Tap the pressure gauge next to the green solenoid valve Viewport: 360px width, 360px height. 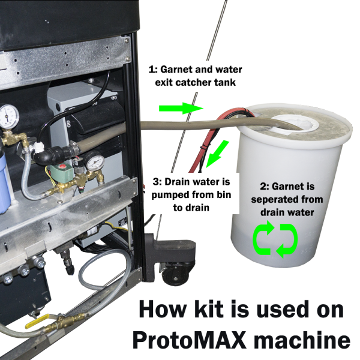[x=94, y=163]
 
